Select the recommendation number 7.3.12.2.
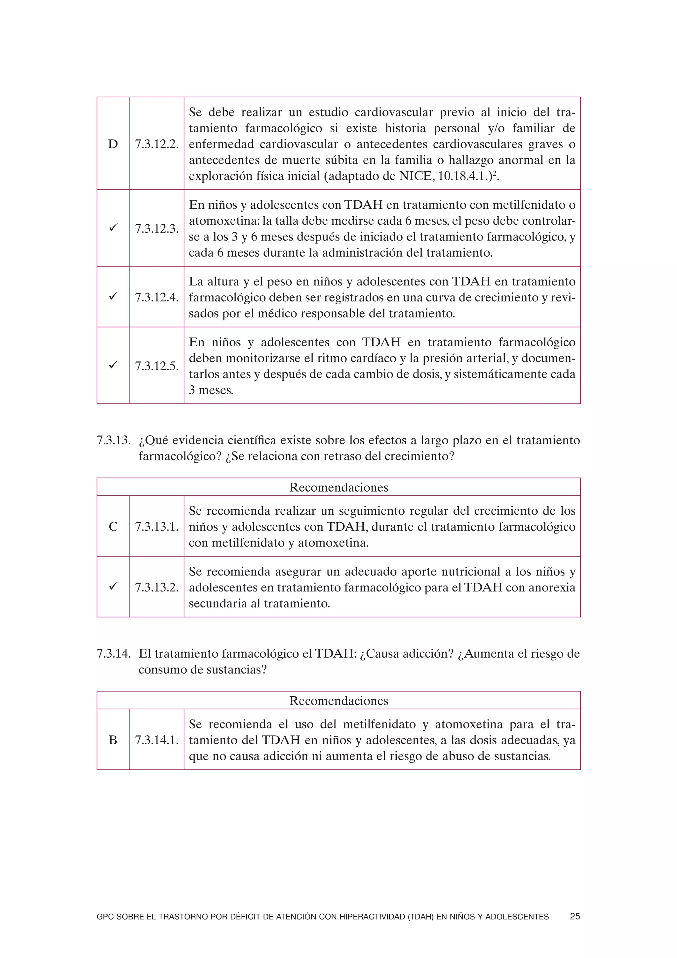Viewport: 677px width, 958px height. [156, 144]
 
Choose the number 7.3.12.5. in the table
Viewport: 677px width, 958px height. [156, 366]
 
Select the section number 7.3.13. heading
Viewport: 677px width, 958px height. [113, 440]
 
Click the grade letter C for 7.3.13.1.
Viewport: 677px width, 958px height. [113, 527]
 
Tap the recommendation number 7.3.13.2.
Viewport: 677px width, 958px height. [156, 588]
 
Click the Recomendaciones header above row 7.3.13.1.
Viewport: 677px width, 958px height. [338, 487]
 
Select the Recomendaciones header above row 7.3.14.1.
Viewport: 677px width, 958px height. [338, 701]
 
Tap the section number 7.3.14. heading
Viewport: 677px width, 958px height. [113, 653]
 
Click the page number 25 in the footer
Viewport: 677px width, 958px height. [575, 917]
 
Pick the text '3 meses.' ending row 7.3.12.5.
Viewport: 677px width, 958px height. [211, 390]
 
